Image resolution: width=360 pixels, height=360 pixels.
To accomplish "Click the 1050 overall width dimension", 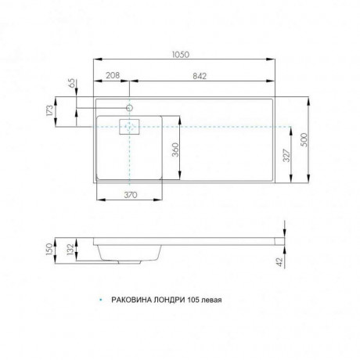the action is tap(181, 55).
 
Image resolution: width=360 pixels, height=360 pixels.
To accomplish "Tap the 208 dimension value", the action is tap(113, 75).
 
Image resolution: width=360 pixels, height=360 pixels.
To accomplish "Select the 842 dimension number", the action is tap(200, 76).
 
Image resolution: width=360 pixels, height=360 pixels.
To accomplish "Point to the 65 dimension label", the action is tap(72, 83).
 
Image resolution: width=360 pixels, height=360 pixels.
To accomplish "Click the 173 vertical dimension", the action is tap(51, 110).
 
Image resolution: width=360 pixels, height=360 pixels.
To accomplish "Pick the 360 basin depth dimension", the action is tap(176, 149).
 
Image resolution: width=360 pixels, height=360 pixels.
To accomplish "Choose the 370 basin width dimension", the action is tap(130, 195).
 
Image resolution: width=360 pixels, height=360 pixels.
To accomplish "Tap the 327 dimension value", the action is tap(286, 156).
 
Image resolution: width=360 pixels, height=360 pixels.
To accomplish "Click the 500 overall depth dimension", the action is tap(304, 140).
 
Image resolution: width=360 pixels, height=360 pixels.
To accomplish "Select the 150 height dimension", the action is tap(49, 250).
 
